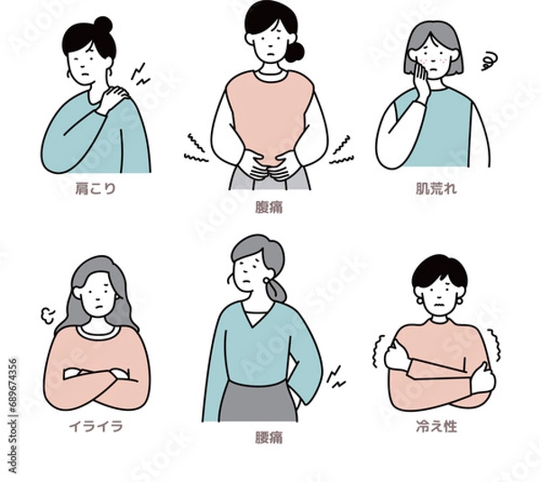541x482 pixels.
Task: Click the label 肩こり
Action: point(98,189)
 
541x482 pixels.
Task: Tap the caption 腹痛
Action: point(269,206)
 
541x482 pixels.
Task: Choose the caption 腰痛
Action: point(269,441)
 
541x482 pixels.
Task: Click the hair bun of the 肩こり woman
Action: point(103,24)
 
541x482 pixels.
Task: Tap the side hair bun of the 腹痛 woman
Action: point(295,51)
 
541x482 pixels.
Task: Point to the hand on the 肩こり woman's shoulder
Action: point(115,95)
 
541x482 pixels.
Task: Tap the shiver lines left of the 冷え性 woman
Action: point(378,352)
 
